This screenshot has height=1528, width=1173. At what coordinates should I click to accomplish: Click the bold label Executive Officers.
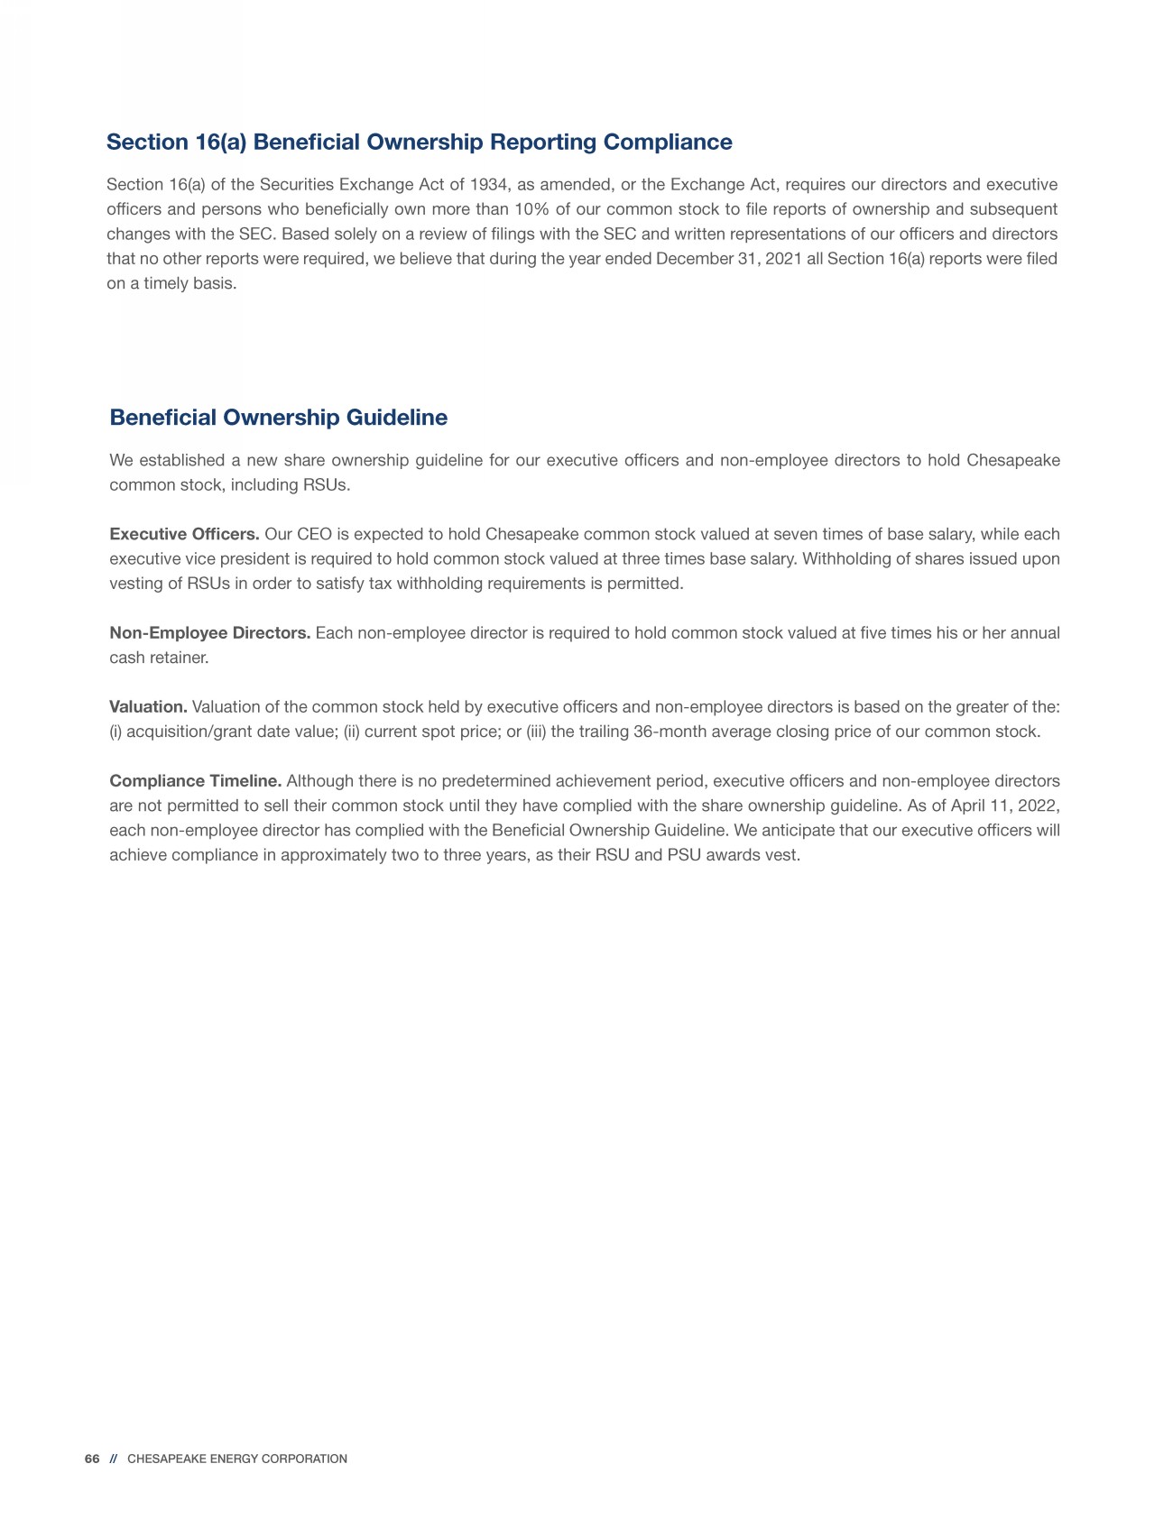click(184, 535)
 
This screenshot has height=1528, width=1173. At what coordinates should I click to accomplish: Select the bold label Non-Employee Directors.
click(209, 633)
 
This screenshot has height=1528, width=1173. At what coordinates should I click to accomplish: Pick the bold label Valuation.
click(148, 707)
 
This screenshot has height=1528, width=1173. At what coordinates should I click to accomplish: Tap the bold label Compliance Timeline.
click(196, 781)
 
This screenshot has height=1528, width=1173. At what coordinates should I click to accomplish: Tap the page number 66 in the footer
click(91, 1459)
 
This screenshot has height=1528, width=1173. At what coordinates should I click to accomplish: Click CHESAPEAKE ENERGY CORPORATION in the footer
click(237, 1459)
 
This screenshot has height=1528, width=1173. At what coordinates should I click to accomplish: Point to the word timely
click(165, 283)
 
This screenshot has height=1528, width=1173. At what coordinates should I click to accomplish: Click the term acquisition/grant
click(188, 732)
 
